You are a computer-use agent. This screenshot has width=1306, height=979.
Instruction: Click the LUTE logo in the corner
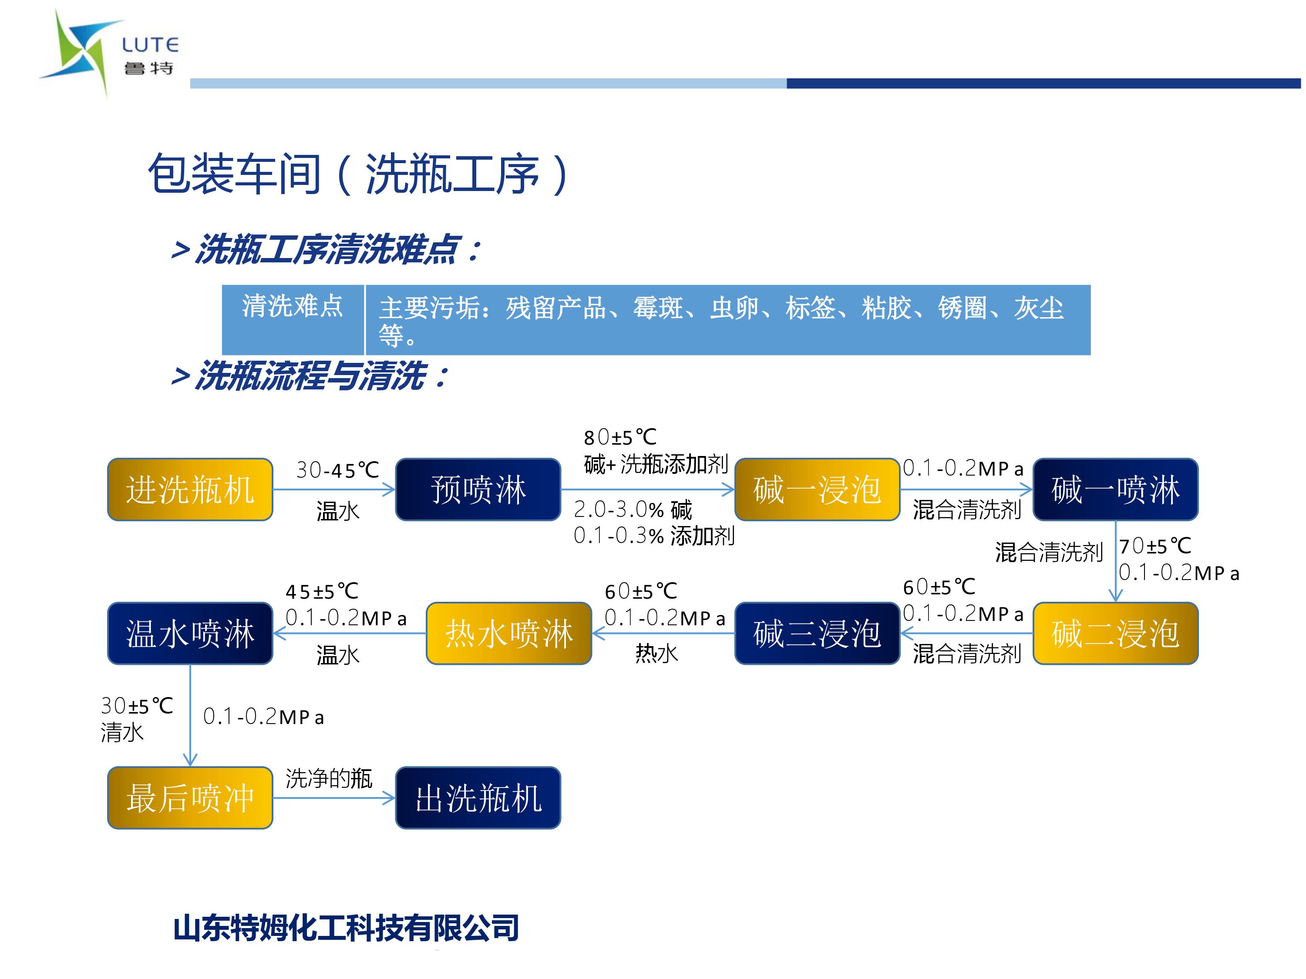109,53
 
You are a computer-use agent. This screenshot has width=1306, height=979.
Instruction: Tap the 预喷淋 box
478,489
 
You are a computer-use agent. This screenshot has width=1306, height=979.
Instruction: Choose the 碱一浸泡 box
817,489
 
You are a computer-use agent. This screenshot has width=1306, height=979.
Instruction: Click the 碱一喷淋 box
1115,489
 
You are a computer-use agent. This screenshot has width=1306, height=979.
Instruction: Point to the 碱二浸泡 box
1115,633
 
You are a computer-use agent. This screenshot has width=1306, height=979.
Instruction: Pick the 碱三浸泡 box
817,633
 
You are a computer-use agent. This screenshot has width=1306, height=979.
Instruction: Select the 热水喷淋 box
509,633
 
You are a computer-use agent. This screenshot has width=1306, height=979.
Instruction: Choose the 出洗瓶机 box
478,798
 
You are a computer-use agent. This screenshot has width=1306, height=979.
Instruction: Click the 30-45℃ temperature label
337,470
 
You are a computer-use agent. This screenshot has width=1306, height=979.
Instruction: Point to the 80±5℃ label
620,437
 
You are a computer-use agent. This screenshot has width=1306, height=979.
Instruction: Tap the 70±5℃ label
1155,546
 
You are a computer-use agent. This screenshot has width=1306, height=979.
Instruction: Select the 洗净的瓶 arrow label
329,778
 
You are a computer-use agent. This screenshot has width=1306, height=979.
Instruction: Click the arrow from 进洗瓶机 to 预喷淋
333,489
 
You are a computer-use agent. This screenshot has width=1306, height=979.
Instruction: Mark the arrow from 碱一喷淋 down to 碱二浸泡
1115,561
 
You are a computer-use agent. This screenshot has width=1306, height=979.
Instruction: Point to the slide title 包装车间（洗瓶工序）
359,174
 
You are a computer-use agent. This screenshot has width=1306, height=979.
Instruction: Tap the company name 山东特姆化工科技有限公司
346,928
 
